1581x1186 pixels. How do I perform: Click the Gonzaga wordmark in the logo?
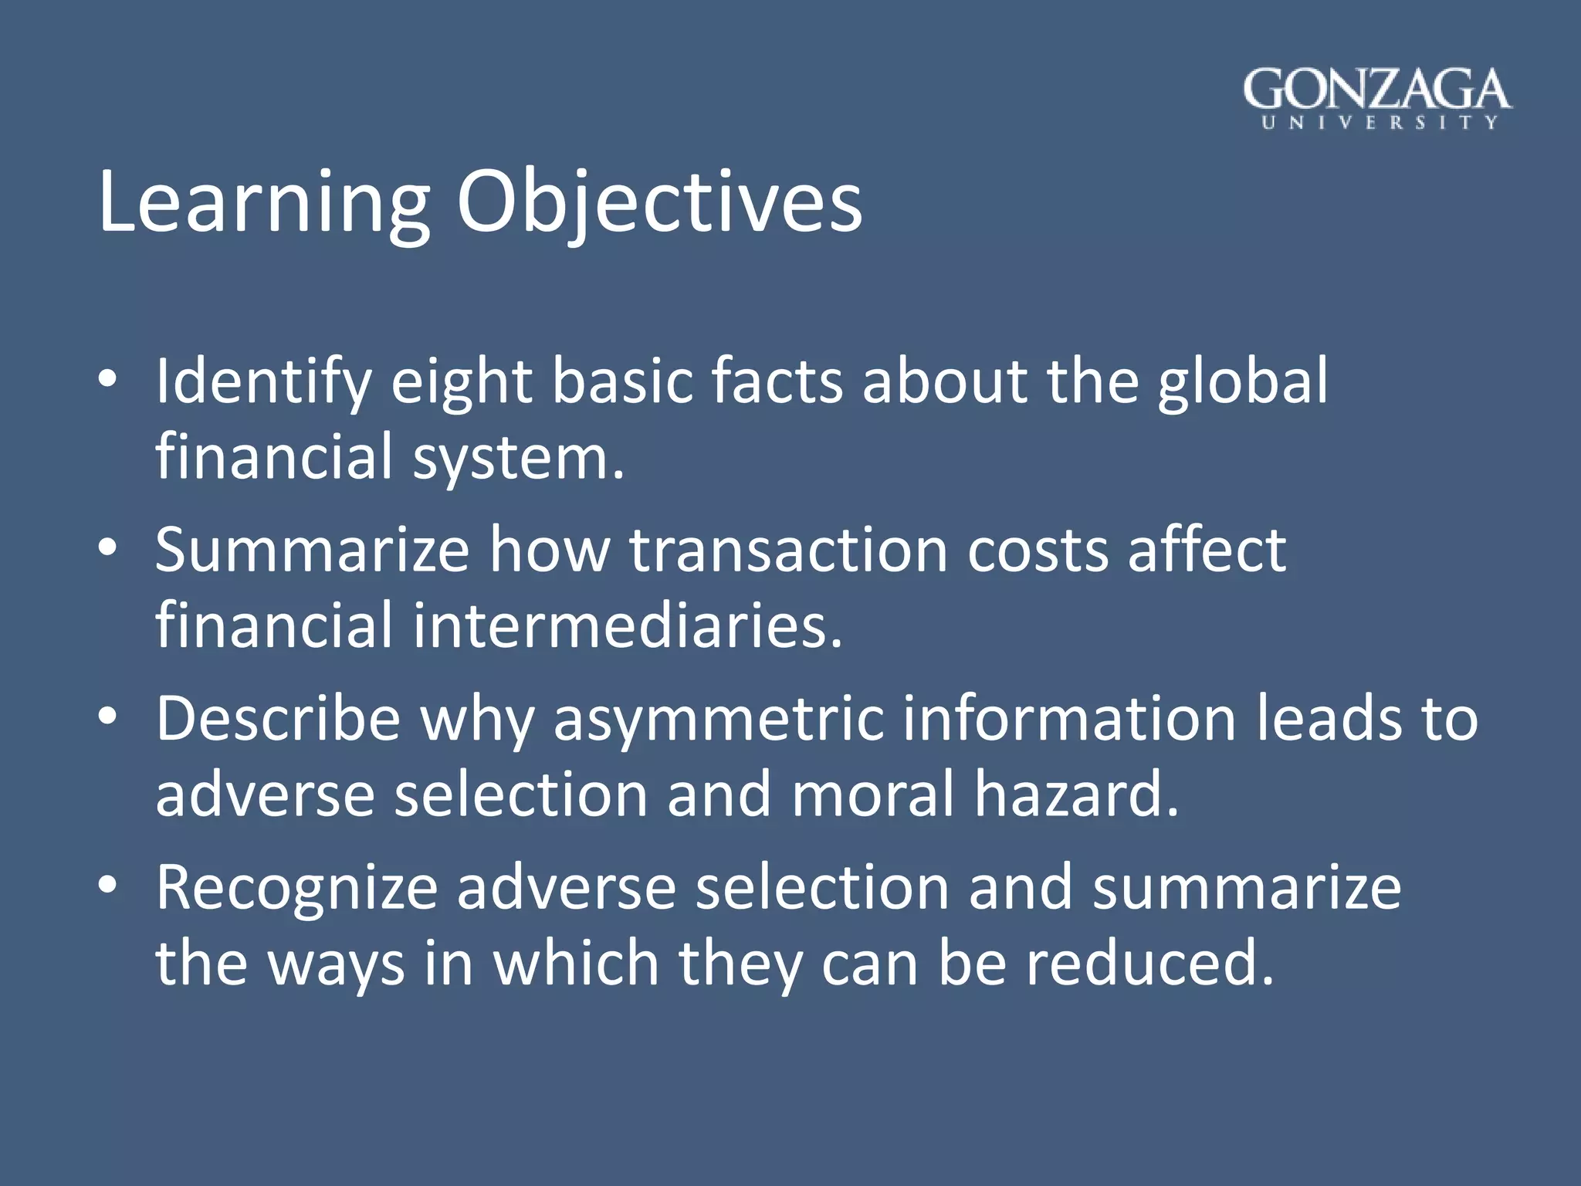(1376, 90)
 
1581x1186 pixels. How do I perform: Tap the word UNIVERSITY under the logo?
(1379, 123)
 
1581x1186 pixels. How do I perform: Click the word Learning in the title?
(263, 202)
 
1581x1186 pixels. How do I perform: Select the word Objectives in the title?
(658, 202)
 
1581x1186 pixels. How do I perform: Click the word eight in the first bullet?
(461, 382)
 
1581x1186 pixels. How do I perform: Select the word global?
(1242, 382)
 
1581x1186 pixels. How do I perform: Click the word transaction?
(788, 550)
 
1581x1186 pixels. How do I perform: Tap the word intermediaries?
(627, 625)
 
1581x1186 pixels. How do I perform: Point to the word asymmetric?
(718, 720)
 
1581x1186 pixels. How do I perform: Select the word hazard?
(1076, 795)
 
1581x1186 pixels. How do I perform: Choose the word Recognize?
(296, 888)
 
